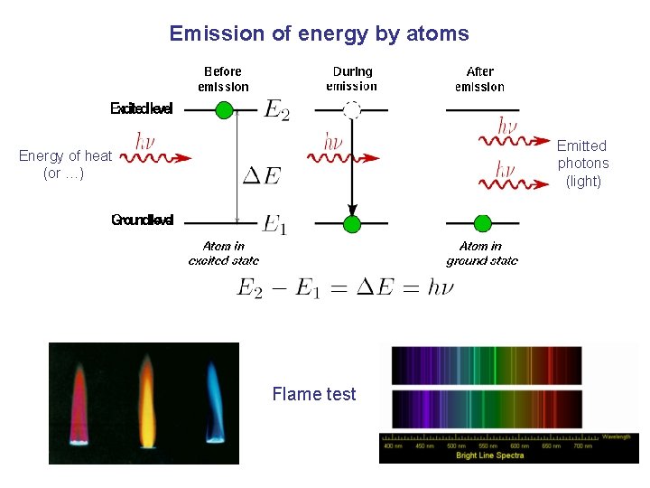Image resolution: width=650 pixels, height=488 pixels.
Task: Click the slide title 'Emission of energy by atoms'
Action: coord(319,34)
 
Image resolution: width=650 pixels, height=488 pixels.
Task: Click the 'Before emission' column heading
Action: coord(223,79)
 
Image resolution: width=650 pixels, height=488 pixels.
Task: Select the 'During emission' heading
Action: coord(352,79)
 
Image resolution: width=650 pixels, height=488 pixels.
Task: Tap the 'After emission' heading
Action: coord(479,79)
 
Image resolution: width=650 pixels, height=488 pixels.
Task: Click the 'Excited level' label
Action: coord(141,109)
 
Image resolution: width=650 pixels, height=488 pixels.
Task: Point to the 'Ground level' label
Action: coord(142,220)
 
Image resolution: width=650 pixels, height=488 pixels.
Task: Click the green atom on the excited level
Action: coord(225,110)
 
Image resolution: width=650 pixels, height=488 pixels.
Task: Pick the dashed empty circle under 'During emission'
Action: coord(352,110)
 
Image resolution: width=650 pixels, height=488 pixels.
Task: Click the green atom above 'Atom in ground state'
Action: coord(482,223)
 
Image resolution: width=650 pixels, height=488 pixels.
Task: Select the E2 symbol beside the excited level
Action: coord(276,110)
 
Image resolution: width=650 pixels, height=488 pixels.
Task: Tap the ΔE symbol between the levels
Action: coord(260,175)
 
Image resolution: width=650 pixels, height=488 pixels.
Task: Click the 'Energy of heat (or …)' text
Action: coord(65,164)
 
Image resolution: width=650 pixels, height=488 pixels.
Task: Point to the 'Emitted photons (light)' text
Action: coord(582,164)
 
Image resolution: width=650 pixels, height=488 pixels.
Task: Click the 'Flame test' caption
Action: coord(313,394)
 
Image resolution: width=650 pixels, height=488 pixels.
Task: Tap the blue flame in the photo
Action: coord(215,398)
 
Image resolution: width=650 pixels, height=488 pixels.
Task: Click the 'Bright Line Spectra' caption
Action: coord(490,455)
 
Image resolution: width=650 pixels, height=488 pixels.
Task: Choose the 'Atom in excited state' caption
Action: coord(223,253)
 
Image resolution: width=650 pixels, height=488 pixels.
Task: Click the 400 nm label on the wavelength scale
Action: coord(394,446)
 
